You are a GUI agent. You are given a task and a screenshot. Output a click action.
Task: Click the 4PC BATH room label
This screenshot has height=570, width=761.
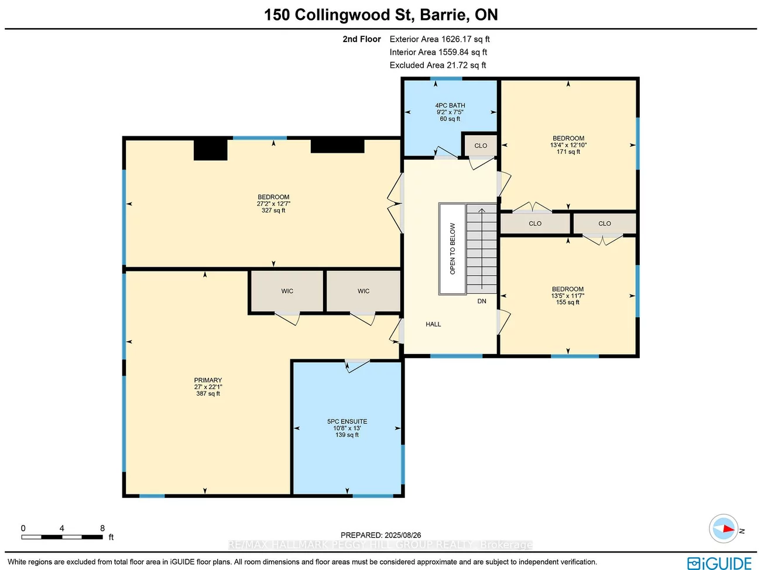coord(450,106)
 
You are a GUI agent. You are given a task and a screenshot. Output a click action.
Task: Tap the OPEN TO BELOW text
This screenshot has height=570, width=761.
coord(453,249)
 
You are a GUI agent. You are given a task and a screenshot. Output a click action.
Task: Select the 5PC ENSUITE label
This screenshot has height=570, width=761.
coord(347,421)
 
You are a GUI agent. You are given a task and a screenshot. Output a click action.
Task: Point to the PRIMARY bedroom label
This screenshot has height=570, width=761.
coord(208,380)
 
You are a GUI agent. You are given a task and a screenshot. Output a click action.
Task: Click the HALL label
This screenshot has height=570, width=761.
coord(433,324)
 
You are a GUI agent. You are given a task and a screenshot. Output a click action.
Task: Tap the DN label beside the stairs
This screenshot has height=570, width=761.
coord(482,301)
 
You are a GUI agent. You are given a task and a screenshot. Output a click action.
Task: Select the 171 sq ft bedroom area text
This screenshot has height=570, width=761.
coord(568,152)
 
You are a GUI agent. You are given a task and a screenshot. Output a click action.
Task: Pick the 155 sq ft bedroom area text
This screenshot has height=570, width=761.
coord(567,303)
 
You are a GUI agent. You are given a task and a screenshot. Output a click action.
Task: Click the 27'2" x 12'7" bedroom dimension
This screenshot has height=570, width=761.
coord(273,204)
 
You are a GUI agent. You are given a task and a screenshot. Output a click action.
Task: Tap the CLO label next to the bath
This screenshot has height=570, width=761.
coord(481,146)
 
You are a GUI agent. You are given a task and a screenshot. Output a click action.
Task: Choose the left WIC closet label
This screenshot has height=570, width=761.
coord(287,291)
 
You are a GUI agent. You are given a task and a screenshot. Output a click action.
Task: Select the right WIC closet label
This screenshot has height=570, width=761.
coord(364,291)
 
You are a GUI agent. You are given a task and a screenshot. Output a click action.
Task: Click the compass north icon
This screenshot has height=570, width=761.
coord(724,529)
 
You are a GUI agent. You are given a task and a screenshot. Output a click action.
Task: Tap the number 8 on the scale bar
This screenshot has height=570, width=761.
coord(102,528)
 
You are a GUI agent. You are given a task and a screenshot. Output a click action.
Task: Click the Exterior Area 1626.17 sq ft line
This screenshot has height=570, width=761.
coord(440,39)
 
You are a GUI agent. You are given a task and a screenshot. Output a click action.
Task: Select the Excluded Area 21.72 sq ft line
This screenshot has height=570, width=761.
coord(438,65)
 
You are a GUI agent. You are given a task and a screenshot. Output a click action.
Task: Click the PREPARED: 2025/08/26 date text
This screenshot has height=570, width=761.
coord(380,535)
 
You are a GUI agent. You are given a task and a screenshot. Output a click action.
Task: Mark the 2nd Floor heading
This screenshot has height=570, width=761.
coord(362,39)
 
